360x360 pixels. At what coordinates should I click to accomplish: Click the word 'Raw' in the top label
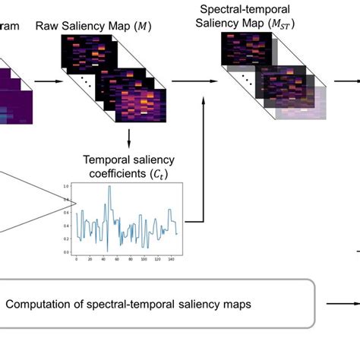coord(49,27)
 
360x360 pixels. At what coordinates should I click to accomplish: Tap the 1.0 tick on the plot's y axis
coord(67,186)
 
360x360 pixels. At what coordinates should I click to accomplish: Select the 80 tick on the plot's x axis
coord(131,258)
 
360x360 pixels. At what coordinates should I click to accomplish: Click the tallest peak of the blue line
coord(109,187)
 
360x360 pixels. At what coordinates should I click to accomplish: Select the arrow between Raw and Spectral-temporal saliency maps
coord(190,79)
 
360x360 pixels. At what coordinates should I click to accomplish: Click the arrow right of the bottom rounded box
coord(338,304)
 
